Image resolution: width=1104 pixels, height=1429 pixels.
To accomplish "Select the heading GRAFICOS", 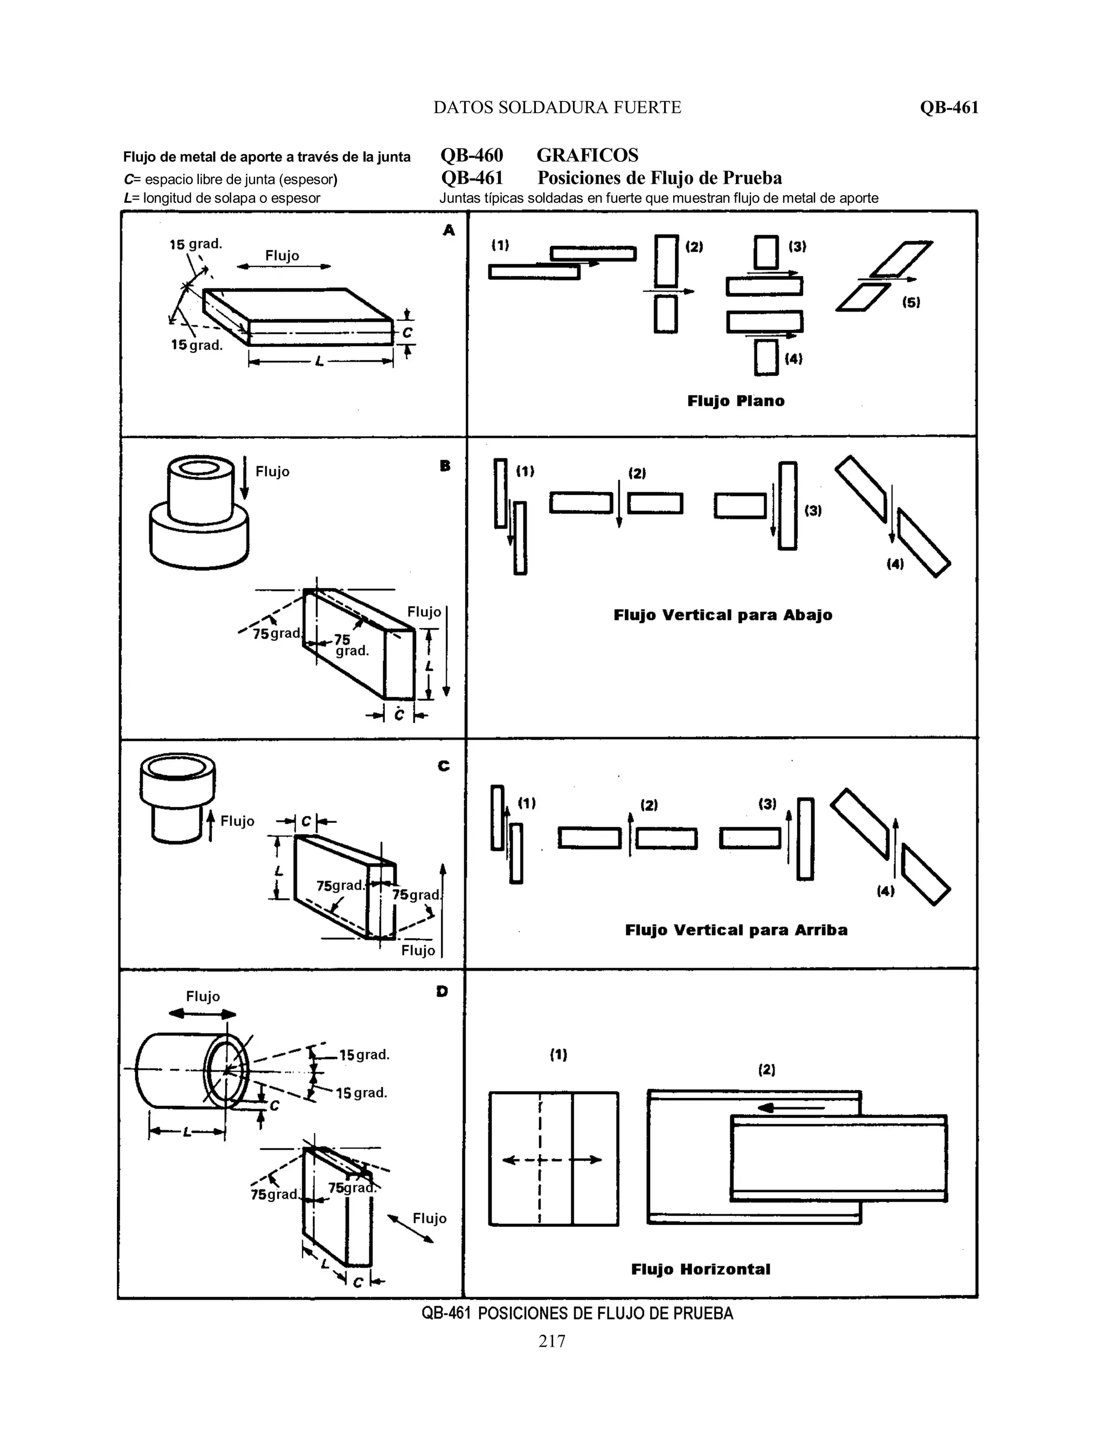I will (x=588, y=155).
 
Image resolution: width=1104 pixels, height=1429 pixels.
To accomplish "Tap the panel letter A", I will (x=448, y=230).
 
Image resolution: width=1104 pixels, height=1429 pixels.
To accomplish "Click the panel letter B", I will (x=445, y=466).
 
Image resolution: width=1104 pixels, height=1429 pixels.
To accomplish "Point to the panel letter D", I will (x=442, y=991).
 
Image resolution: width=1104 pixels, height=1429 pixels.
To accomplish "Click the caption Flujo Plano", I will (x=736, y=401).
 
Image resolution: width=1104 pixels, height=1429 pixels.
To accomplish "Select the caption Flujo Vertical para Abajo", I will (x=723, y=615).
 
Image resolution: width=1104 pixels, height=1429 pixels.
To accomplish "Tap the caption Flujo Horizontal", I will (x=700, y=1269).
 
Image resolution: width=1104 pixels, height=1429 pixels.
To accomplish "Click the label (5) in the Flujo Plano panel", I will (x=911, y=303).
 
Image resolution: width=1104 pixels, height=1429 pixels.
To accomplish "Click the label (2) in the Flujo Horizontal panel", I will (x=767, y=1070).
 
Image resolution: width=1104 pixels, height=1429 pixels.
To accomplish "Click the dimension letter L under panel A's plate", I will (x=319, y=361).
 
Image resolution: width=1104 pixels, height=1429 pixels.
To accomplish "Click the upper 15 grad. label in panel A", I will (x=196, y=244).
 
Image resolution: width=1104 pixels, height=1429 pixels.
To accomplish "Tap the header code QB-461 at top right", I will (x=949, y=107).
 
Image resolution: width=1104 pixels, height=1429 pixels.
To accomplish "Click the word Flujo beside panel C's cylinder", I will (x=237, y=821).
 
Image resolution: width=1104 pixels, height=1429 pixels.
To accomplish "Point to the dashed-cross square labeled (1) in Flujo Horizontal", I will (x=553, y=1159).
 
